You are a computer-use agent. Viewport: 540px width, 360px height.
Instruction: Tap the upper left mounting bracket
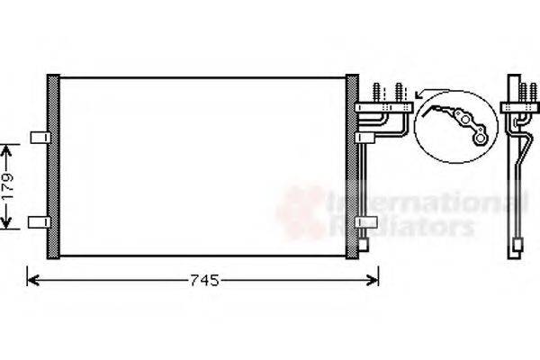click(x=39, y=137)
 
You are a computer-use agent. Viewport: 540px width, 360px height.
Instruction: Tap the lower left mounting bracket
click(x=39, y=221)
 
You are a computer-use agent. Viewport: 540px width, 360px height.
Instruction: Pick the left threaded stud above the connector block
click(x=374, y=94)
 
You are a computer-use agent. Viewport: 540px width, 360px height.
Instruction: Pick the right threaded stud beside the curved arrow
click(x=400, y=94)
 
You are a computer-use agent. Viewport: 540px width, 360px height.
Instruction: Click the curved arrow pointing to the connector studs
click(x=423, y=90)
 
